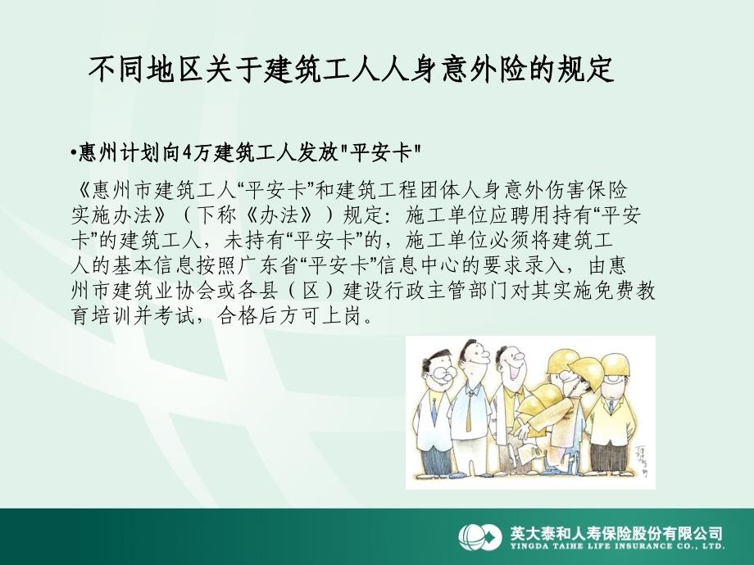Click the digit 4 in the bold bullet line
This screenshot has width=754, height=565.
click(187, 153)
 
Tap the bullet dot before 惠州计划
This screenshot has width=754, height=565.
click(74, 154)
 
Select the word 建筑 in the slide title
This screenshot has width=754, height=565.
click(293, 70)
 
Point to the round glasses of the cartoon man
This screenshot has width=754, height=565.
click(441, 375)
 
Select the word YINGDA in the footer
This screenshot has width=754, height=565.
click(528, 546)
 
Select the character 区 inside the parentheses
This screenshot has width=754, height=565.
click(311, 292)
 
